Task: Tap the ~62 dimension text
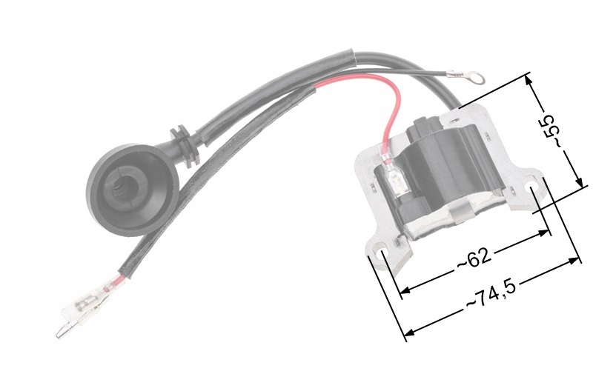coord(474,258)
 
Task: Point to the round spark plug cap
coord(132,189)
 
